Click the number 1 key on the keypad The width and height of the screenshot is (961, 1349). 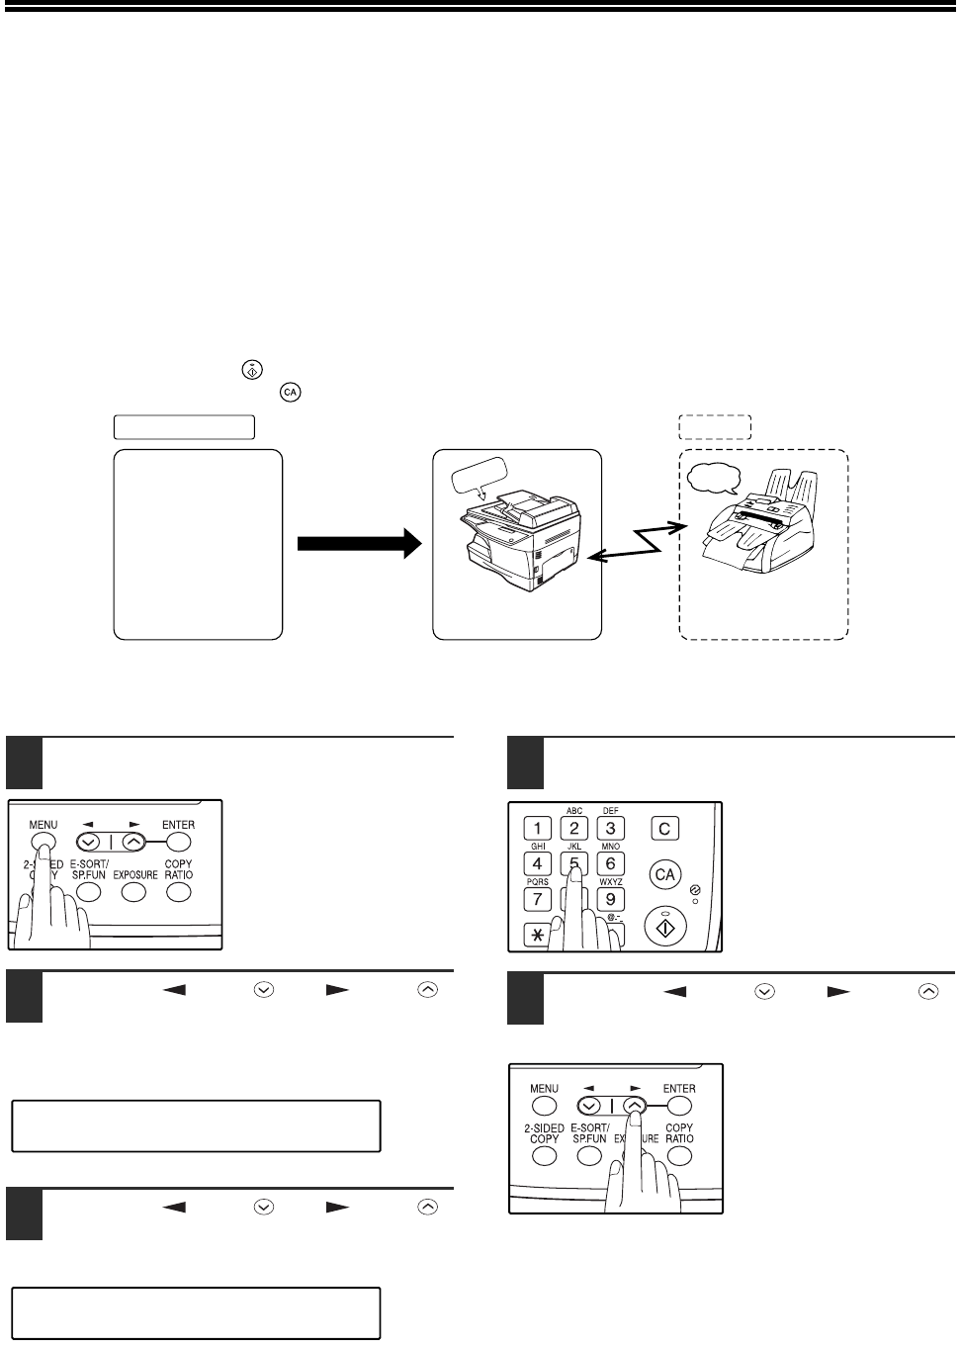pos(537,828)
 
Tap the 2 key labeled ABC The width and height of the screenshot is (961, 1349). pos(574,828)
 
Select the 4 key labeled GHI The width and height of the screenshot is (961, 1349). pos(537,863)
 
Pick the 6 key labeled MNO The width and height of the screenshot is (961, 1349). pos(611,863)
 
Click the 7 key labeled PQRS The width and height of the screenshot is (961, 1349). pos(537,899)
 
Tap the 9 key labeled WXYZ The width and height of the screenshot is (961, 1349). pos(611,899)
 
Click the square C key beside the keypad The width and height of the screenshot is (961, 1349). pos(665,828)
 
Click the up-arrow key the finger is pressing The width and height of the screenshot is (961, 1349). pos(635,1106)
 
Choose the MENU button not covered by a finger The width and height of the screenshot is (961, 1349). pos(545,1106)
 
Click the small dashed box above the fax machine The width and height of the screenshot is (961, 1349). pos(715,426)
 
